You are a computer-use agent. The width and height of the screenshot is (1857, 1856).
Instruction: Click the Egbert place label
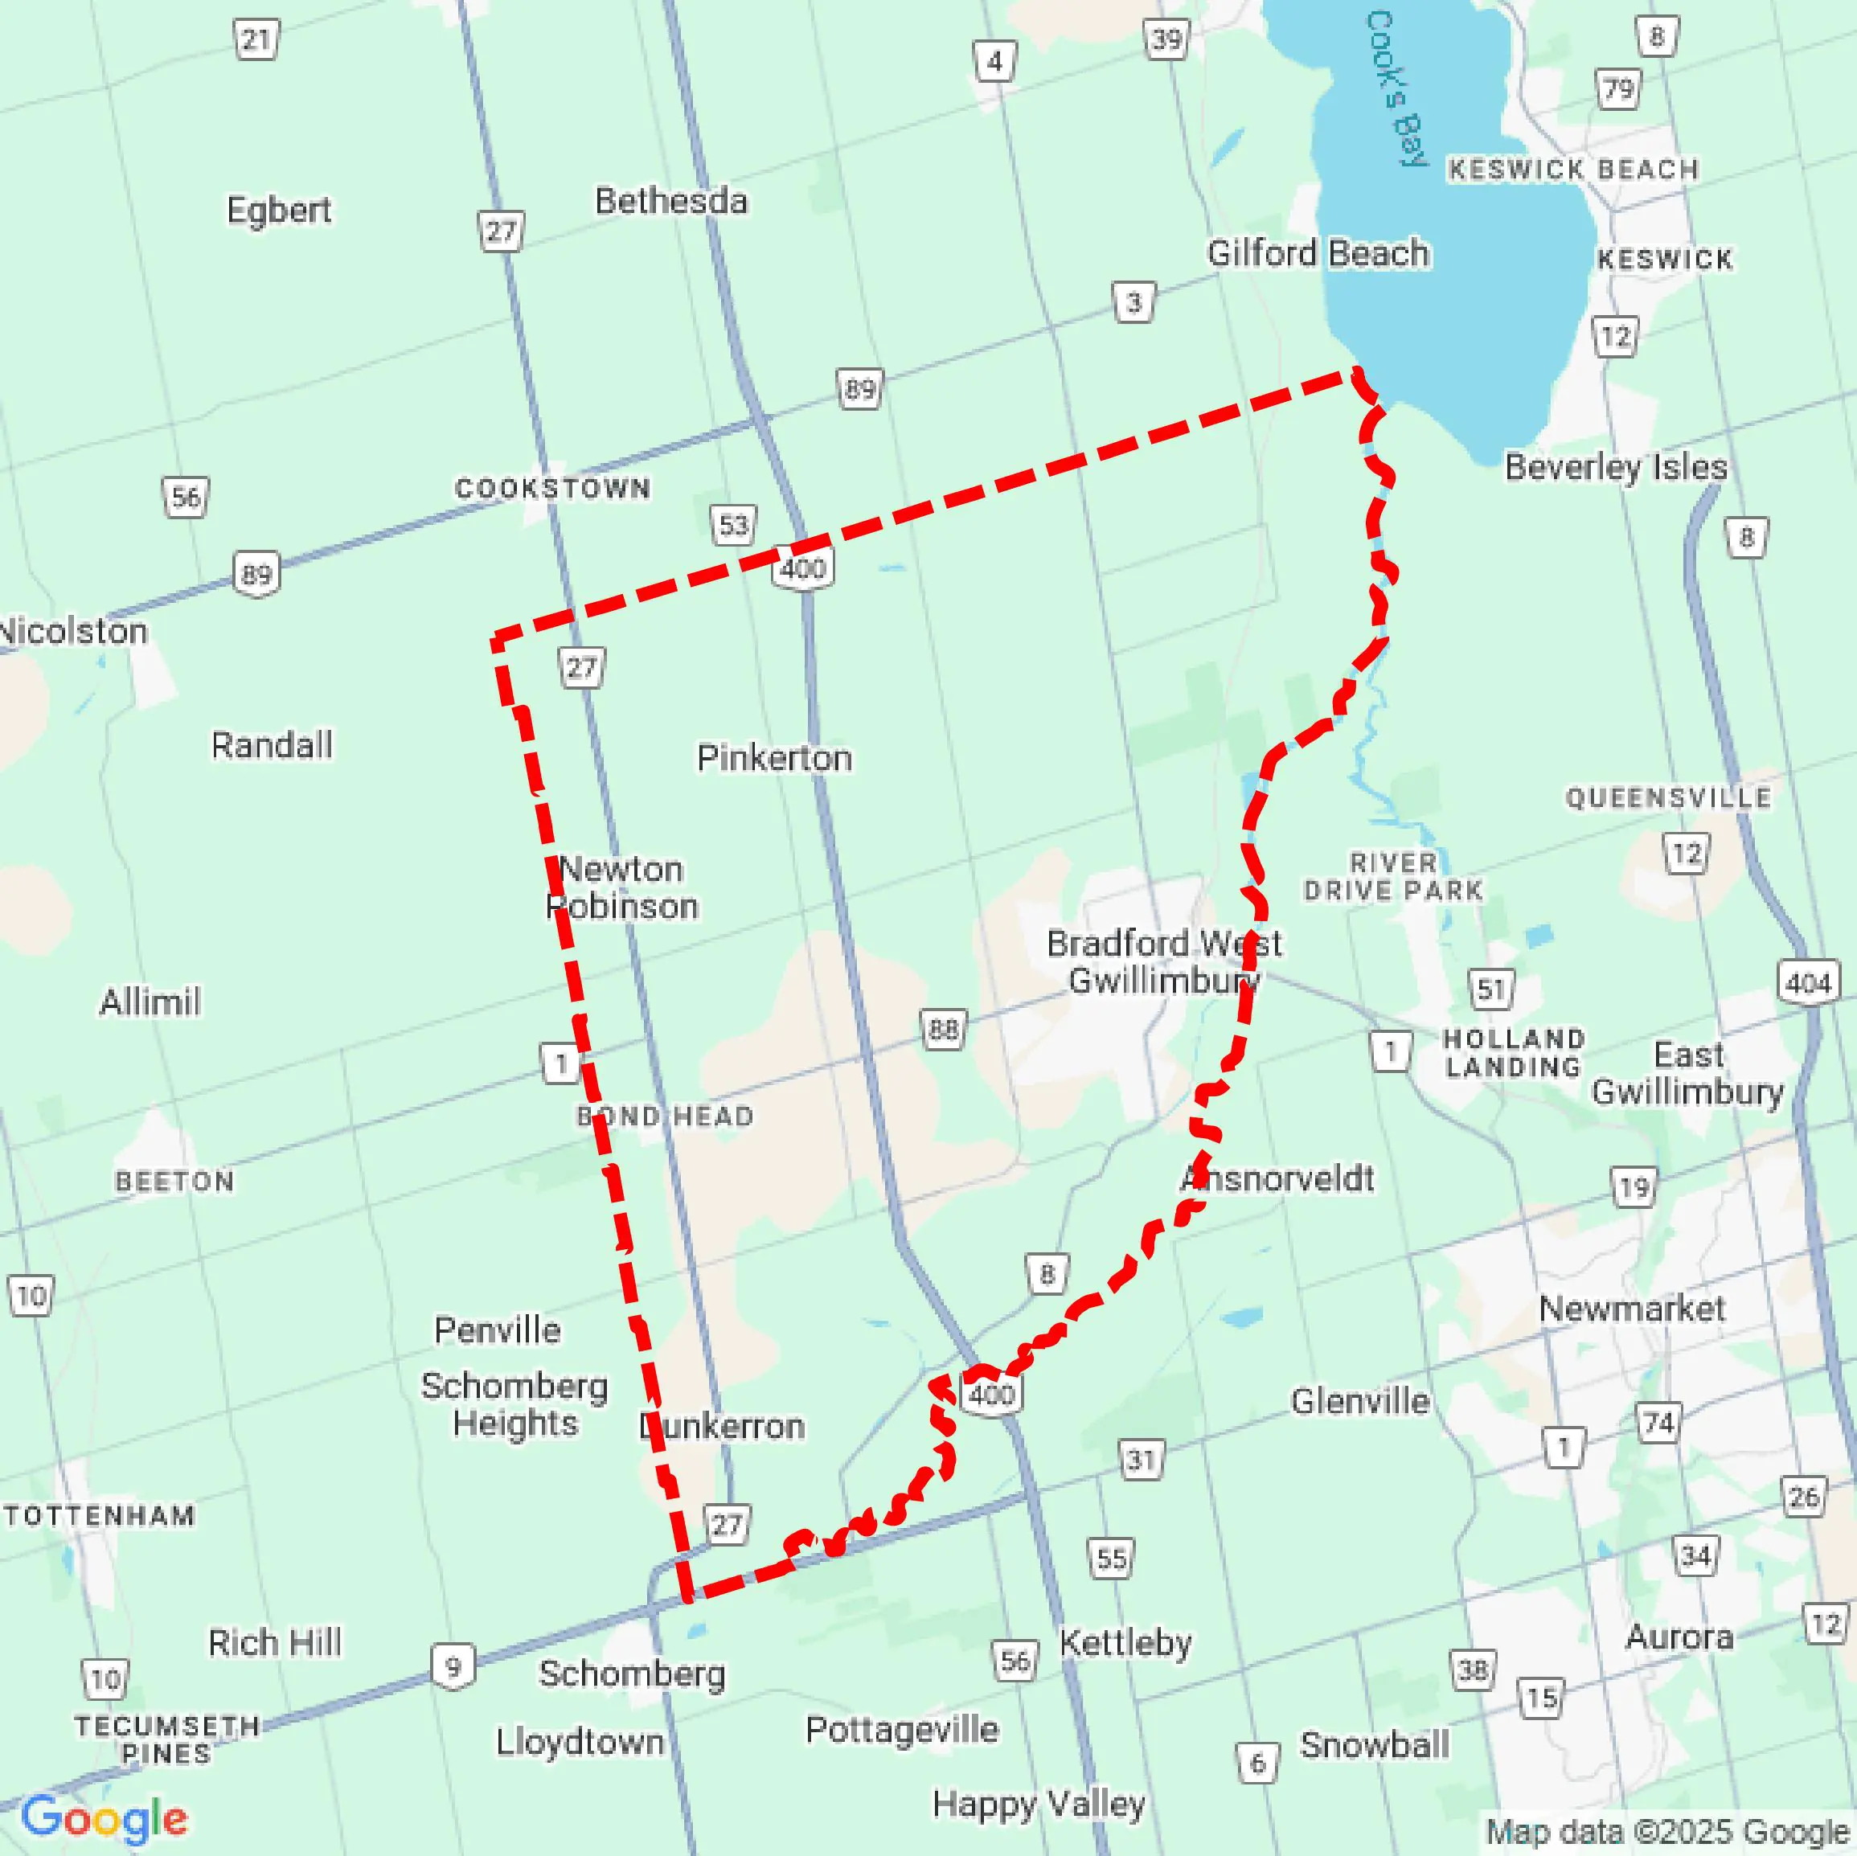pyautogui.click(x=279, y=210)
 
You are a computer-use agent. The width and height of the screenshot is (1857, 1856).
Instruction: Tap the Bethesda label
pyautogui.click(x=671, y=201)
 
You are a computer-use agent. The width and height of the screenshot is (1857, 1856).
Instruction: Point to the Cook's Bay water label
pyautogui.click(x=1396, y=89)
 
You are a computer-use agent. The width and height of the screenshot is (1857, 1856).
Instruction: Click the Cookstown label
pyautogui.click(x=553, y=488)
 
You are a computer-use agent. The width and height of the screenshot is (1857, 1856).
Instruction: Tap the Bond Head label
pyautogui.click(x=665, y=1116)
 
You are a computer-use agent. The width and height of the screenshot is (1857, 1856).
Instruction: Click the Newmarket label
pyautogui.click(x=1632, y=1308)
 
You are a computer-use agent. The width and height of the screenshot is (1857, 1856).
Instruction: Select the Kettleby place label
pyautogui.click(x=1125, y=1643)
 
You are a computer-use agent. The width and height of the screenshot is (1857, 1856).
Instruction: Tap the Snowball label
pyautogui.click(x=1375, y=1744)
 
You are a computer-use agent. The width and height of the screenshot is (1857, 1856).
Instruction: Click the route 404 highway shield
pyautogui.click(x=1808, y=983)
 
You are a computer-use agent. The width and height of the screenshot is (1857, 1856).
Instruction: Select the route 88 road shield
pyautogui.click(x=943, y=1030)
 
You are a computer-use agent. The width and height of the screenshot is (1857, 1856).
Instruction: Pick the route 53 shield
pyautogui.click(x=733, y=525)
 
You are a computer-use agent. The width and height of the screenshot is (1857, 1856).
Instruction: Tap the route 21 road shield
pyautogui.click(x=256, y=39)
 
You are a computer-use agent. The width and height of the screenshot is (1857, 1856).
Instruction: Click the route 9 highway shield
pyautogui.click(x=453, y=1665)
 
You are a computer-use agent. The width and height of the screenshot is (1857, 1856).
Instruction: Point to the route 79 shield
pyautogui.click(x=1618, y=89)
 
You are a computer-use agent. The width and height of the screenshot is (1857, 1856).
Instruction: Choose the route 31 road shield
pyautogui.click(x=1141, y=1460)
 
